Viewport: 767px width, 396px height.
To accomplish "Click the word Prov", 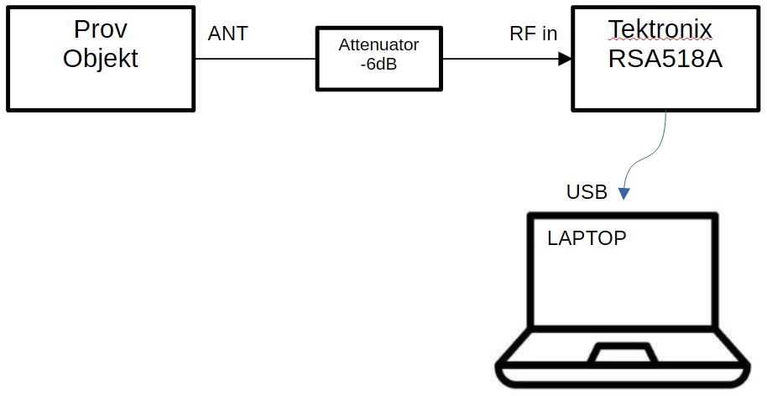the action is [100, 29].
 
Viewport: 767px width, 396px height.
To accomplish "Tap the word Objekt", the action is [100, 60].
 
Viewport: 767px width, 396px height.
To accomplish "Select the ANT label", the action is [228, 34].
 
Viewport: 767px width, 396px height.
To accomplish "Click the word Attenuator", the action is [378, 44].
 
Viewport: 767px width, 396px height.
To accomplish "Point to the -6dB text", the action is [378, 64].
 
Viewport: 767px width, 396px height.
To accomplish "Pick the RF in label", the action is [533, 34].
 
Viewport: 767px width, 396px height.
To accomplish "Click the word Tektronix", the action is [660, 29].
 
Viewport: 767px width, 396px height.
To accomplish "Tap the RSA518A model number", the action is [665, 60].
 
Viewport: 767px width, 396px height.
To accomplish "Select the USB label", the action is [587, 192].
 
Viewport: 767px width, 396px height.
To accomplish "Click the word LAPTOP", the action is [587, 238].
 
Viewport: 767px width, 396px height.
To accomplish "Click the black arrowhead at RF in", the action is [566, 60].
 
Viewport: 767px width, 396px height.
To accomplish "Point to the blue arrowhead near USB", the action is [624, 194].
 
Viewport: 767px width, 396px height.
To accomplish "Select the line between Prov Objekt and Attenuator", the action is [255, 60].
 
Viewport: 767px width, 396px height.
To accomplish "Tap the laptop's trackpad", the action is [622, 353].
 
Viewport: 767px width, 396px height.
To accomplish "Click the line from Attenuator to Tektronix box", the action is [501, 60].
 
